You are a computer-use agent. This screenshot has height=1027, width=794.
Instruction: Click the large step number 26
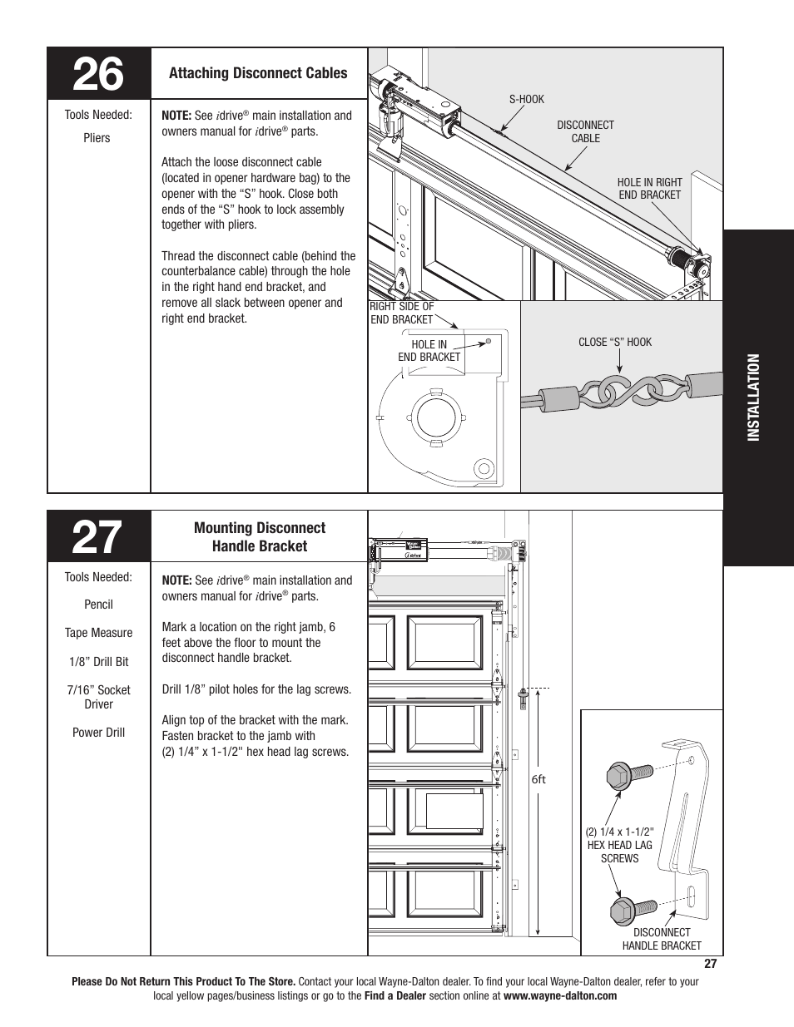98,75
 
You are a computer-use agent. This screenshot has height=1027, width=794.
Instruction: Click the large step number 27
98,537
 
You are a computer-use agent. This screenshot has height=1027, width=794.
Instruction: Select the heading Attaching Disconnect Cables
258,73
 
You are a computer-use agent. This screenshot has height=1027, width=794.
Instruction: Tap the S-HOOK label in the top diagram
526,99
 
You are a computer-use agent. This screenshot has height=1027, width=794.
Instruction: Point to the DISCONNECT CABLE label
585,131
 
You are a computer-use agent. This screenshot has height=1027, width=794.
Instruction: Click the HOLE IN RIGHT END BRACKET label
649,189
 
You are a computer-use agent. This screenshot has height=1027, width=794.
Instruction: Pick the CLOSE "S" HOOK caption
615,342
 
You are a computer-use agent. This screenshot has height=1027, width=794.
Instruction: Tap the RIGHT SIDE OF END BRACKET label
401,313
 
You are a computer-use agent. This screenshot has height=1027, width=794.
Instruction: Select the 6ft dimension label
538,780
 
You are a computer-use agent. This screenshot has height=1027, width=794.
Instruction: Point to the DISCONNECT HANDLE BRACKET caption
662,939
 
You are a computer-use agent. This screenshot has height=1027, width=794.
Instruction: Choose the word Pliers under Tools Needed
97,138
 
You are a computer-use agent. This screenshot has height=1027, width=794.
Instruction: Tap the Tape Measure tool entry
98,633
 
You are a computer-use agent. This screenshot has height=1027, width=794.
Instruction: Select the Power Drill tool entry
98,733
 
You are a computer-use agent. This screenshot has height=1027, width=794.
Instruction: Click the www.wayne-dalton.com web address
559,995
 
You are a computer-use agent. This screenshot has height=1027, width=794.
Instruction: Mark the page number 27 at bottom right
709,965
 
